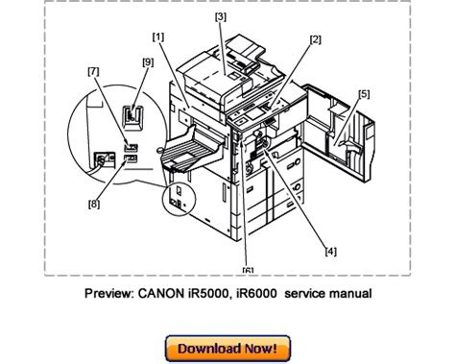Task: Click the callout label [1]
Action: point(158,37)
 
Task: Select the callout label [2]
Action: point(315,39)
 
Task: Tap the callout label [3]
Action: point(221,16)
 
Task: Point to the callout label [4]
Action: point(331,252)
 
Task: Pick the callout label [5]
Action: point(364,94)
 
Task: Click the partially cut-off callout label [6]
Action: point(248,270)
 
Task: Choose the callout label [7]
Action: point(93,71)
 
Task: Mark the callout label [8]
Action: point(94,204)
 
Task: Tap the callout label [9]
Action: point(148,62)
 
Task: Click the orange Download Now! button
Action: point(227,349)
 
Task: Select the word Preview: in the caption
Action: point(109,293)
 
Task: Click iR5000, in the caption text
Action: point(210,293)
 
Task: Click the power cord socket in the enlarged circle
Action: point(104,158)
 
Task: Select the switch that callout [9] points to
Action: point(133,118)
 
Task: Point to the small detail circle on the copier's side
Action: point(179,199)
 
